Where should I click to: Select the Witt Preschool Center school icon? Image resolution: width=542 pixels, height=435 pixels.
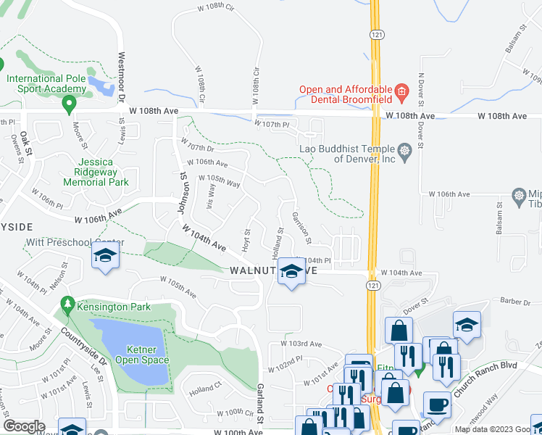[x=106, y=256]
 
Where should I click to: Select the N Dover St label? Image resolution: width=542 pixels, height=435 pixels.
[x=420, y=95]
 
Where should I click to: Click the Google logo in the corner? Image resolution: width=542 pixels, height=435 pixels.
[x=24, y=426]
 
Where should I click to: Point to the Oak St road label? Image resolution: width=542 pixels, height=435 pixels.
[x=25, y=136]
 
